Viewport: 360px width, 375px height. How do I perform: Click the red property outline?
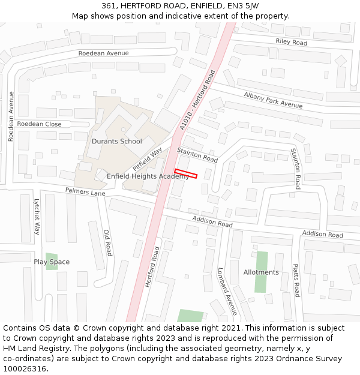coord(186,173)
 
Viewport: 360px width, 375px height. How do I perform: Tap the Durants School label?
coord(117,142)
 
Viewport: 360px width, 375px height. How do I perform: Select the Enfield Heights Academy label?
coord(148,176)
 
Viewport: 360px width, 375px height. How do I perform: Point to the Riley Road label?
coord(291,43)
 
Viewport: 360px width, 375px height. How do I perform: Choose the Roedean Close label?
coord(39,124)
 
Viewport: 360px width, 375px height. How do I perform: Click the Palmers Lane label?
coord(85,192)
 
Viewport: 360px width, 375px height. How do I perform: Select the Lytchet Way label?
coord(37,216)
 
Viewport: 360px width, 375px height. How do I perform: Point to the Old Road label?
coord(108,242)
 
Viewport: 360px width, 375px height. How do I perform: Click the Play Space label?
coord(52,262)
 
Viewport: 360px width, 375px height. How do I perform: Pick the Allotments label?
coord(261,272)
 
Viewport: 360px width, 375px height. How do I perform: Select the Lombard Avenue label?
coord(227,291)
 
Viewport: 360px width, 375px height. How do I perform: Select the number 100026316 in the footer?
coord(25,369)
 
